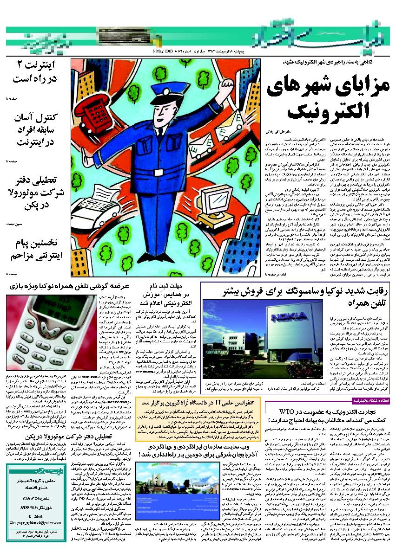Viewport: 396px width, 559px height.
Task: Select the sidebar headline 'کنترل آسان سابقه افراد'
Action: [34, 132]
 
